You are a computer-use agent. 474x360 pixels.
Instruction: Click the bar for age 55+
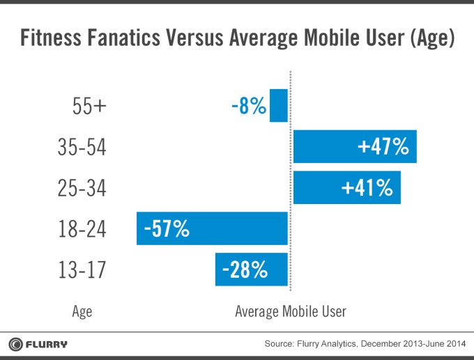click(279, 106)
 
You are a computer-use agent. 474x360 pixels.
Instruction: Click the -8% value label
click(248, 107)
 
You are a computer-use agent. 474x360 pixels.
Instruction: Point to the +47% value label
click(383, 147)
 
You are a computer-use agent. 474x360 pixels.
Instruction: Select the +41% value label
click(367, 187)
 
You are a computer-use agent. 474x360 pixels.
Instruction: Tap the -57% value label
click(167, 228)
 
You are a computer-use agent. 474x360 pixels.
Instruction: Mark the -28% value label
click(245, 269)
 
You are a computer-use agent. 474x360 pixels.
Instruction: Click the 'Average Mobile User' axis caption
click(290, 311)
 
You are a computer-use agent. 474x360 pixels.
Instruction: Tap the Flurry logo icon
click(16, 344)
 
